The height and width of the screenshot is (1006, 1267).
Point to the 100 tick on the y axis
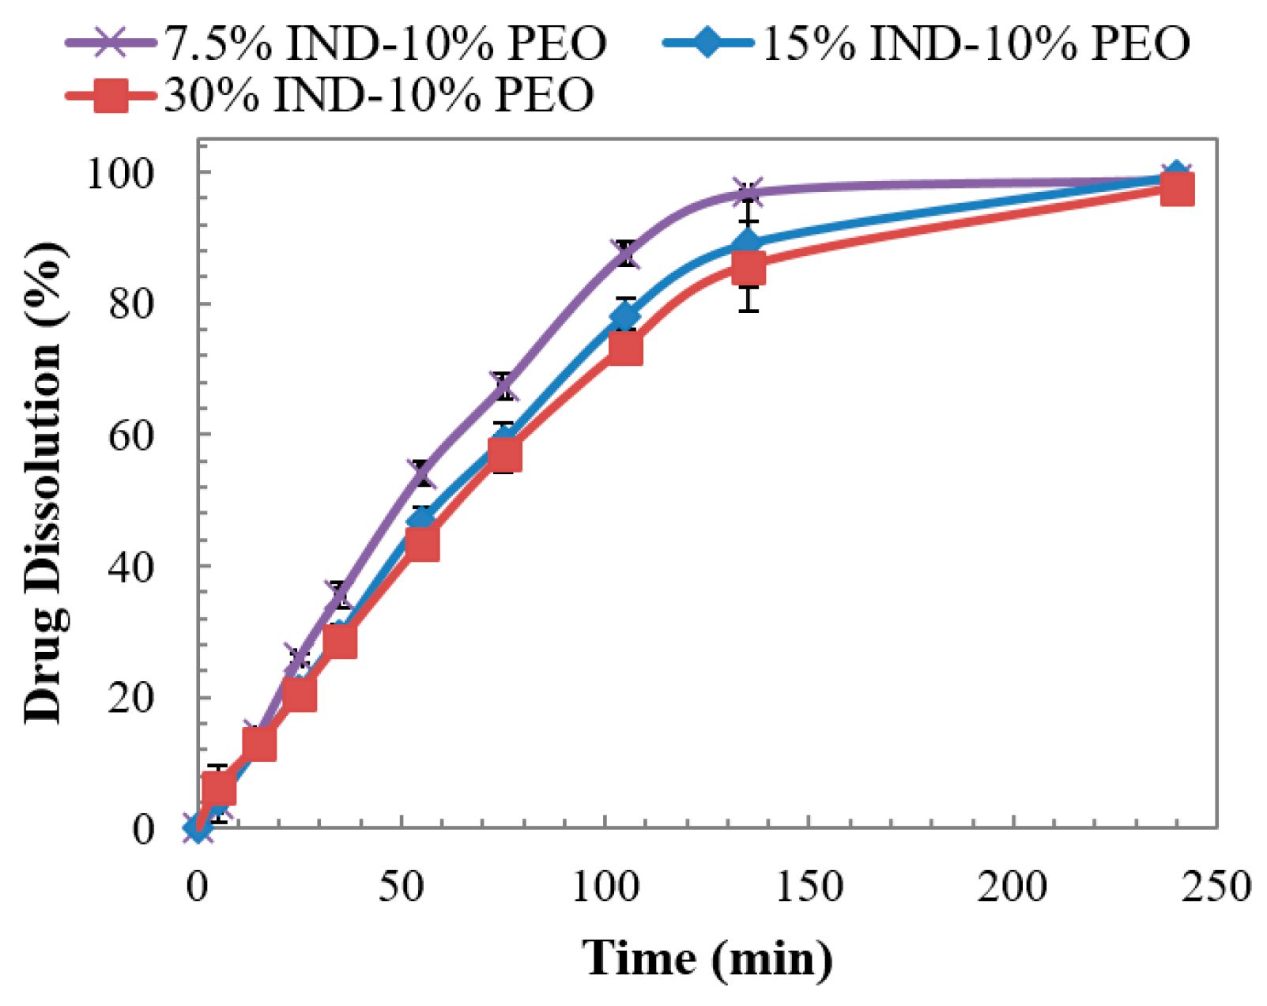click(x=131, y=172)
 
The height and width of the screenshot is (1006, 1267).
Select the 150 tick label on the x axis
click(x=809, y=887)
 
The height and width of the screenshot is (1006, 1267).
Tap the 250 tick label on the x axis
click(x=1216, y=887)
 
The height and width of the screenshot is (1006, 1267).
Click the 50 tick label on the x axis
click(x=402, y=887)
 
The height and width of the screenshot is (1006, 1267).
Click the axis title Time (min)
click(x=707, y=958)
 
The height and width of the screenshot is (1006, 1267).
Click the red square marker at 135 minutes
click(x=748, y=269)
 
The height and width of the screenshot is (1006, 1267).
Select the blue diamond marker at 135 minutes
click(x=748, y=242)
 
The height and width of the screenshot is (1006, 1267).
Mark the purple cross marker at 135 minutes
click(x=748, y=192)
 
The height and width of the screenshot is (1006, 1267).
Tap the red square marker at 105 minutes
click(x=625, y=349)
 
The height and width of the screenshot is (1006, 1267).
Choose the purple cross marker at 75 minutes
click(x=503, y=386)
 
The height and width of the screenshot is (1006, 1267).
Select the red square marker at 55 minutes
click(x=422, y=544)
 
